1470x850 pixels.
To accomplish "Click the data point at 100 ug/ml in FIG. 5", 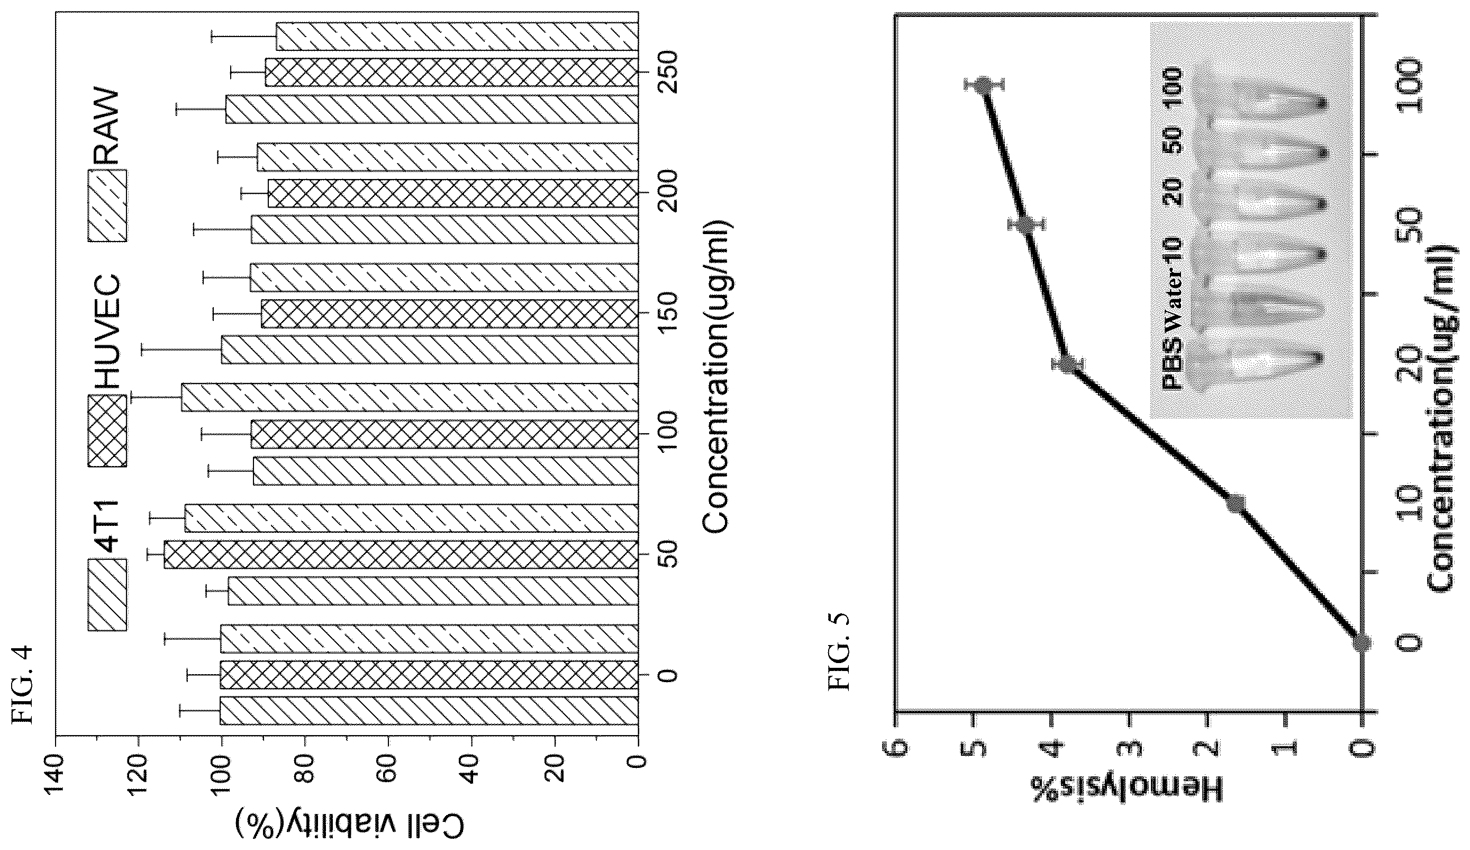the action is [984, 85].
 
